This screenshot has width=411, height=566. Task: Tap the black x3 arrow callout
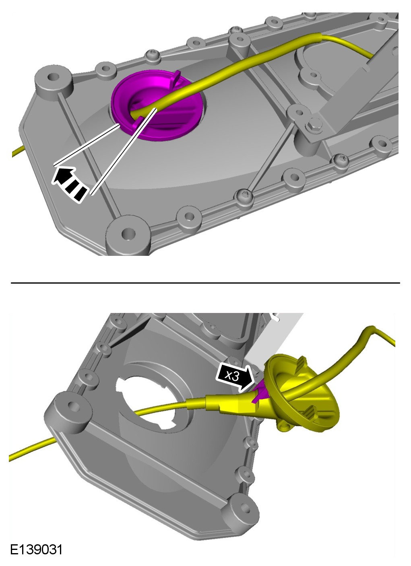click(235, 377)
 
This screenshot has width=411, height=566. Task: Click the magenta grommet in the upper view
click(157, 105)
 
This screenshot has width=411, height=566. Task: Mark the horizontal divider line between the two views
click(205, 283)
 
